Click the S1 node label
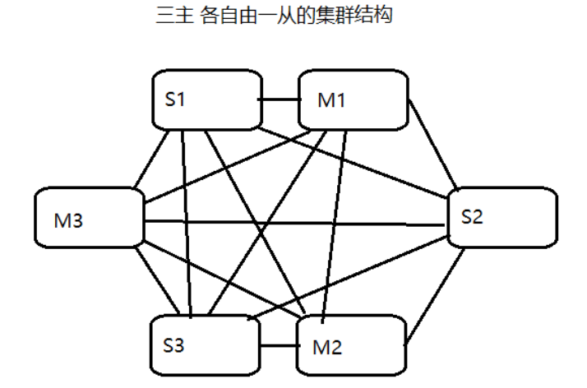pos(175,100)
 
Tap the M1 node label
pos(332,100)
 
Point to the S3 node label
pos(173,344)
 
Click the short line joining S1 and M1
pos(277,100)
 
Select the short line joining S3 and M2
pos(275,344)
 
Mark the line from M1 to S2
pos(433,145)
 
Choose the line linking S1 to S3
pos(186,222)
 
